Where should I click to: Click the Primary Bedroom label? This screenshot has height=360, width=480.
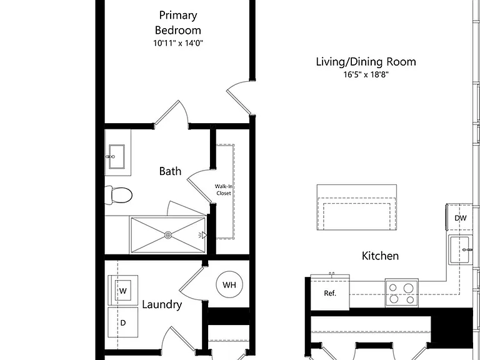point(178,22)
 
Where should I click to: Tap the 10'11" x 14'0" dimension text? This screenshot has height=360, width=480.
point(178,43)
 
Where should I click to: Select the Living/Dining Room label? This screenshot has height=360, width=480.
point(366,62)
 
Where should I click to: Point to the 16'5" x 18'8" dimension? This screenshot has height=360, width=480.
point(366,75)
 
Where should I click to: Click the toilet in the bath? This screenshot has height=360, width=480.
point(119,195)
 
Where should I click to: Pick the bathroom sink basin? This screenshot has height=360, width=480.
point(117,156)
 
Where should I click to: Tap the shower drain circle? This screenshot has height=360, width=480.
point(168,235)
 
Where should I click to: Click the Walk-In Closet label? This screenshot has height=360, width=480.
point(224,190)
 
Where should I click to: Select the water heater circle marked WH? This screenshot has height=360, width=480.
point(229,285)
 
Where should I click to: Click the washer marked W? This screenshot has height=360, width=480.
point(122,290)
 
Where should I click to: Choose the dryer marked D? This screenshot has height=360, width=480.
point(122,322)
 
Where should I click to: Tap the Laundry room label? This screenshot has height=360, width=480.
point(162,304)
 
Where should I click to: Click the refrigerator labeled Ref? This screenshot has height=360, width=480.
point(330,292)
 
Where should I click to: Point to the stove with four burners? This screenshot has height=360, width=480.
point(402,292)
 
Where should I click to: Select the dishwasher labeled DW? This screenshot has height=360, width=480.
point(459,217)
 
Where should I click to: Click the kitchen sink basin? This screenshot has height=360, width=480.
point(460,250)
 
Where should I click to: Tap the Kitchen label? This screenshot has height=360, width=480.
point(380,256)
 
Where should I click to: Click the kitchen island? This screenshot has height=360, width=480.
point(357,207)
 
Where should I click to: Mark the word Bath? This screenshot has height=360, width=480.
point(170,171)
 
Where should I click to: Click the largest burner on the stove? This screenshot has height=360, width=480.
point(408,288)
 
